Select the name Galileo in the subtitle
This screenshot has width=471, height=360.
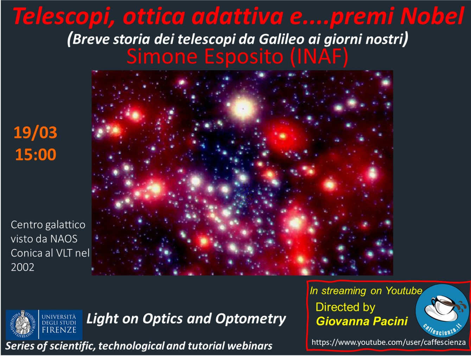281,39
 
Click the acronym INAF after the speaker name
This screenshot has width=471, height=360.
319,56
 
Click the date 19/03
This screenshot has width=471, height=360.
36,132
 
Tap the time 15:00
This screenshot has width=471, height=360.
36,154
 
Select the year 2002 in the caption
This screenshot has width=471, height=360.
23,267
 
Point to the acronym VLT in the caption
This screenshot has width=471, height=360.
64,253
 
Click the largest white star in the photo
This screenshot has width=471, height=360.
243,109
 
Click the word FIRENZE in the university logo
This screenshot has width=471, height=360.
59,330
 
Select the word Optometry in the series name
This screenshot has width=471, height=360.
251,319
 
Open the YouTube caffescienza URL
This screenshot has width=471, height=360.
389,342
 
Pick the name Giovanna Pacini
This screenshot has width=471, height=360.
362,321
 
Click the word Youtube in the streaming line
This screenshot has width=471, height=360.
404,291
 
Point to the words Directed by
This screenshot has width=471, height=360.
345,307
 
